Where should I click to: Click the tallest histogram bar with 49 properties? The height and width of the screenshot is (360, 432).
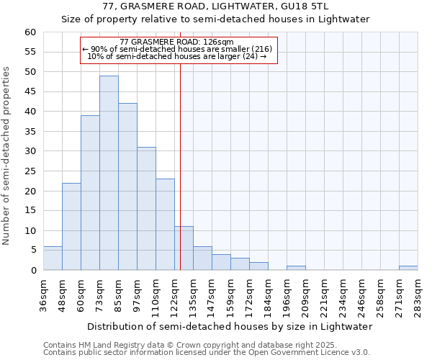(x=109, y=173)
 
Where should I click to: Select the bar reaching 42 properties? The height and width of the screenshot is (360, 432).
(x=127, y=186)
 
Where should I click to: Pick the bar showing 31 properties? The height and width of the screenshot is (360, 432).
(x=146, y=208)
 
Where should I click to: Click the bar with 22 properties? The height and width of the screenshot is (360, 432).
(x=71, y=226)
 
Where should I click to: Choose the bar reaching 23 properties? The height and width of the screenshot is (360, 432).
(x=165, y=224)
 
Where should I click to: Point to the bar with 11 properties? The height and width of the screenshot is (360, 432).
(x=184, y=248)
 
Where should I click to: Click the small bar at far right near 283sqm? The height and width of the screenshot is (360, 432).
(x=408, y=268)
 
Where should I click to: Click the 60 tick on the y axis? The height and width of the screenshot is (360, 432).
(x=30, y=32)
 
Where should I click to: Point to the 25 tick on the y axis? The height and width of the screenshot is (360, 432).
(x=30, y=171)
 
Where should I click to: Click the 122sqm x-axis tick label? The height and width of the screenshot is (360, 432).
(x=174, y=295)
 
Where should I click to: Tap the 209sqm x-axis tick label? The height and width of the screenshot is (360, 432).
(x=305, y=295)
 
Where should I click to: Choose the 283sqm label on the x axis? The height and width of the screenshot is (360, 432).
(x=418, y=295)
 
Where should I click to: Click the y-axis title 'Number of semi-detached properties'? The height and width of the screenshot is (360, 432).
(x=7, y=156)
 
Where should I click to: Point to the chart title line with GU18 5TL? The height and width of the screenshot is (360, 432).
(x=215, y=6)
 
